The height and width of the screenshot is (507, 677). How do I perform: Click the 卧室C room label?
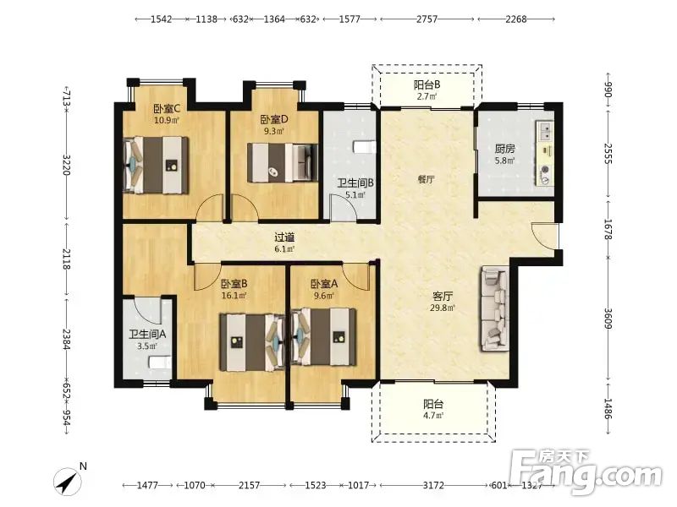pos(167,108)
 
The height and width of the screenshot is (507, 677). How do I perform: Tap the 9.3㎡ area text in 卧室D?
pos(273,131)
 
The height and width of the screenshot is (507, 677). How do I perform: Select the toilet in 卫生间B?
pos(365,147)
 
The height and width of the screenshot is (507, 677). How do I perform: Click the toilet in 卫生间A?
pos(160,363)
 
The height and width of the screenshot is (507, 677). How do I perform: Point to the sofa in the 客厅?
pos(495,308)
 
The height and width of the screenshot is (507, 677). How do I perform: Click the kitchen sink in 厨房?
pos(546,130)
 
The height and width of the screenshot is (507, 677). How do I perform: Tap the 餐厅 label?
pos(427,179)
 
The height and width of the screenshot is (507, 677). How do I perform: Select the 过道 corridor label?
pos(284,237)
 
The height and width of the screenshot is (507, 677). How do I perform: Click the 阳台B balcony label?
pos(427,85)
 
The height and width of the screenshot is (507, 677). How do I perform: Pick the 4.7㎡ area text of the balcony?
pos(433,416)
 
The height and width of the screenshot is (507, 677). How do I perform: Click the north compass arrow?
pos(68,482)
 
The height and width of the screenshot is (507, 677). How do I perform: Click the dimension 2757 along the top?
pos(427,19)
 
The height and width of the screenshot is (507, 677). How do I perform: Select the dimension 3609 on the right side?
pos(608,319)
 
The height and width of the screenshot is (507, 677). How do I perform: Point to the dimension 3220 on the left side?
pos(66,165)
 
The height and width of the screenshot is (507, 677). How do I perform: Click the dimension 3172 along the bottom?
pos(433,485)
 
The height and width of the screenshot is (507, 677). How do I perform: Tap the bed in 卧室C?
pos(157,165)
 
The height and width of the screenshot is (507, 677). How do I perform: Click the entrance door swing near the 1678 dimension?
pos(542,236)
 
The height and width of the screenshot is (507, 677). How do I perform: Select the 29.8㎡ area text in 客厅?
pos(442,308)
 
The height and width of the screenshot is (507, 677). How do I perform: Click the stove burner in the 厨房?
pos(546,170)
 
